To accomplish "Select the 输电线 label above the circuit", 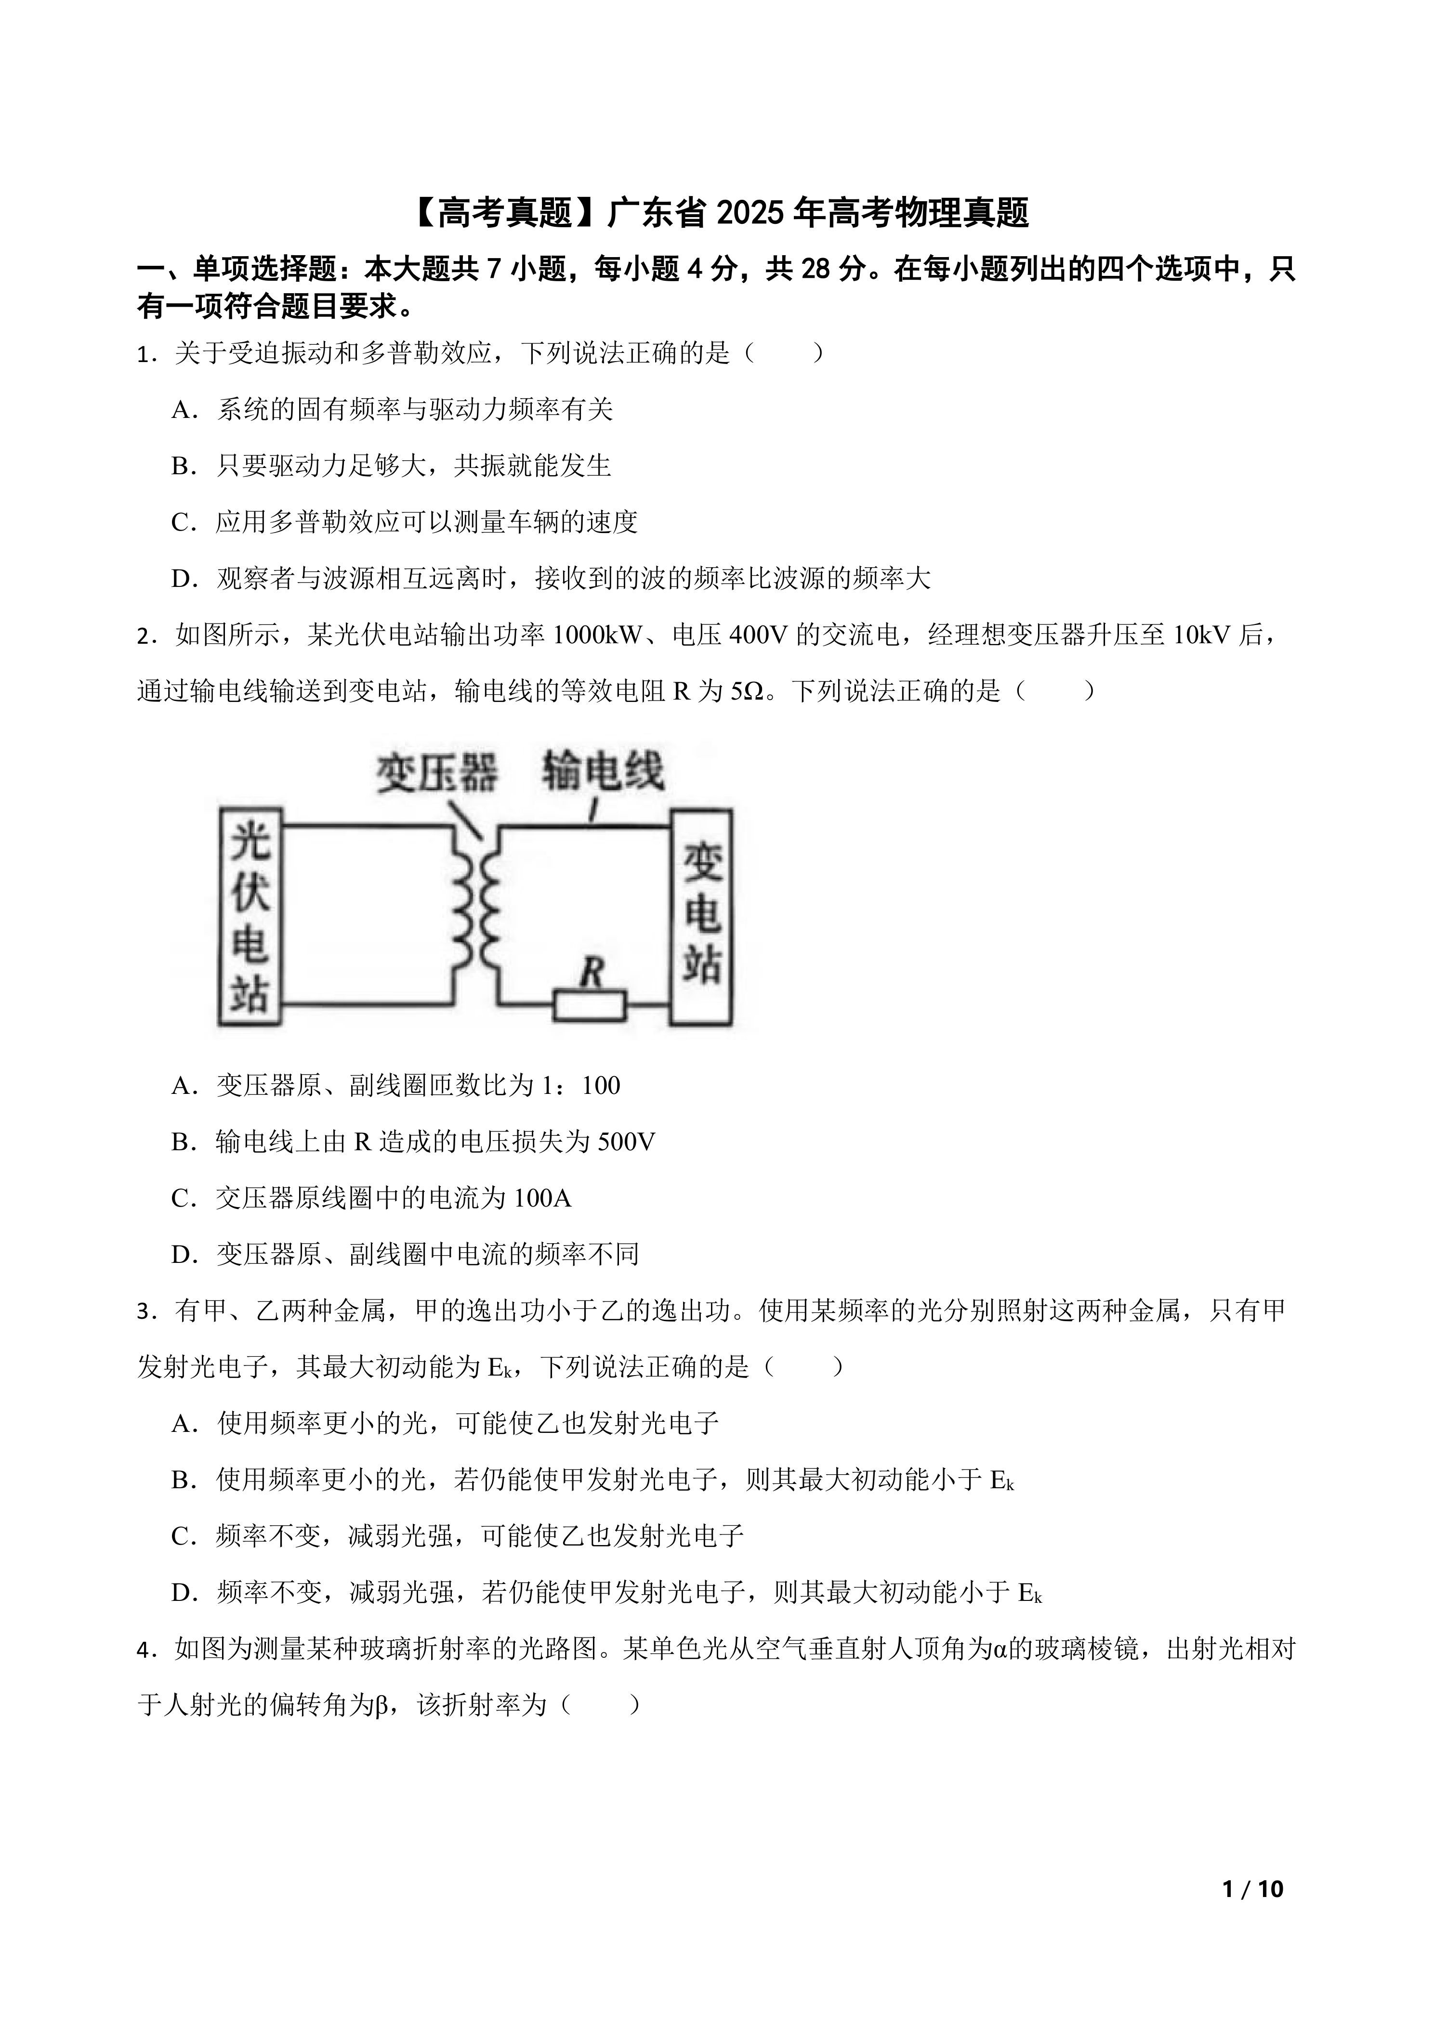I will (602, 771).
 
